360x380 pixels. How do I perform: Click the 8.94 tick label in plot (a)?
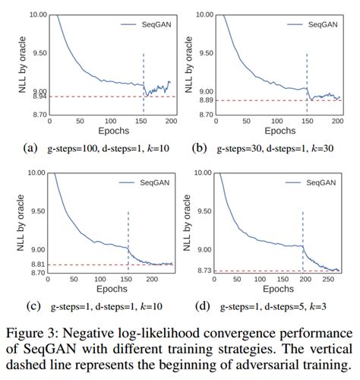[36, 97]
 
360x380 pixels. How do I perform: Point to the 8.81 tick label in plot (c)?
[36, 264]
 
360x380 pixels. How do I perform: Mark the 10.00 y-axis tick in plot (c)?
[35, 173]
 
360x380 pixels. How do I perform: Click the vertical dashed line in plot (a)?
[143, 76]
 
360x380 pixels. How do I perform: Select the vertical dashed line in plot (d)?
[303, 228]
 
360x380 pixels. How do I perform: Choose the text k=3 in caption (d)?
[324, 306]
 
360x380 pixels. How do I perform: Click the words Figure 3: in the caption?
[39, 333]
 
